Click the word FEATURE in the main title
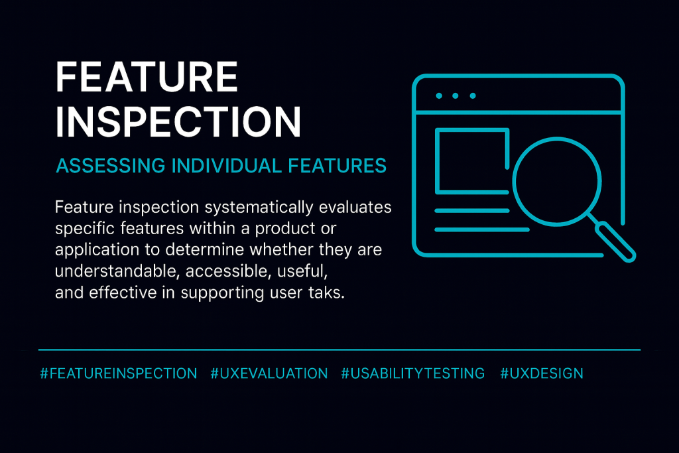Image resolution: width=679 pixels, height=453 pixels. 147,78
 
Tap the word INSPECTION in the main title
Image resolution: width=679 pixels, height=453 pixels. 178,122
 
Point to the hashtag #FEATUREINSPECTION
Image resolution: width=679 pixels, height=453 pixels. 119,373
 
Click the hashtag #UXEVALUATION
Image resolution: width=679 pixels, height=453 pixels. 269,373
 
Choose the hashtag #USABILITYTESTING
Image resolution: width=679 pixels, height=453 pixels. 413,373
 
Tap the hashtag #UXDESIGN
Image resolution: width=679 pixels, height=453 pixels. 542,373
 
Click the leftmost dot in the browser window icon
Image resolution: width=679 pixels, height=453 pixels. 439,96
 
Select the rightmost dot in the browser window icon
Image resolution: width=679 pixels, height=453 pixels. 473,96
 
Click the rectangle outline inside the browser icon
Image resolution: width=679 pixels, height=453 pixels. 471,159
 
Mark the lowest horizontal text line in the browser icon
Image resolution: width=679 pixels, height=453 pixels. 481,229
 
